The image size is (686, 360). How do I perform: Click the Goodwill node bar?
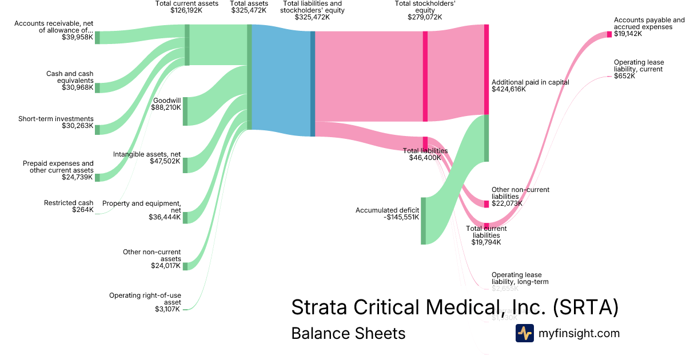(185, 111)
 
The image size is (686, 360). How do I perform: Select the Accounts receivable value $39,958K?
(77, 38)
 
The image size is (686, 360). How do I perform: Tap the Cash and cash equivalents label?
(70, 77)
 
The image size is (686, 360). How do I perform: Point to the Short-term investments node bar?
(97, 129)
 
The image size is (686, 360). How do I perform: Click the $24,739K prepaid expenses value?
(77, 177)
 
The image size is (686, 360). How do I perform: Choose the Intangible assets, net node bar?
(185, 165)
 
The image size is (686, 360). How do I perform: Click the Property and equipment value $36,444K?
(165, 217)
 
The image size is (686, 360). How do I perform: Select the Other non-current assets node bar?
(185, 266)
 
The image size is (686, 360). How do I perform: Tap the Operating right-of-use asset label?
(145, 299)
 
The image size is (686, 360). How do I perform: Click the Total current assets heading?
(187, 3)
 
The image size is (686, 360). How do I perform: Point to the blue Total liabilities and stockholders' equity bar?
(313, 83)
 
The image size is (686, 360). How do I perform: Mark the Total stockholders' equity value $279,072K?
(425, 17)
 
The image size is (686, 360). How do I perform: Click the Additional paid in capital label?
(531, 82)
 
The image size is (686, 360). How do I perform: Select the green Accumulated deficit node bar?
(424, 221)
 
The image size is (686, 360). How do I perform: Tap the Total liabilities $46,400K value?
(425, 158)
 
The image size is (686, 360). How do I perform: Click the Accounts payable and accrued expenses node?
(609, 34)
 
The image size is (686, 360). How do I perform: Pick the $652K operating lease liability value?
(624, 76)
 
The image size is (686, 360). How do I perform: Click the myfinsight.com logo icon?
(525, 333)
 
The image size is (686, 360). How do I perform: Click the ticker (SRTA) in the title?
(585, 307)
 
